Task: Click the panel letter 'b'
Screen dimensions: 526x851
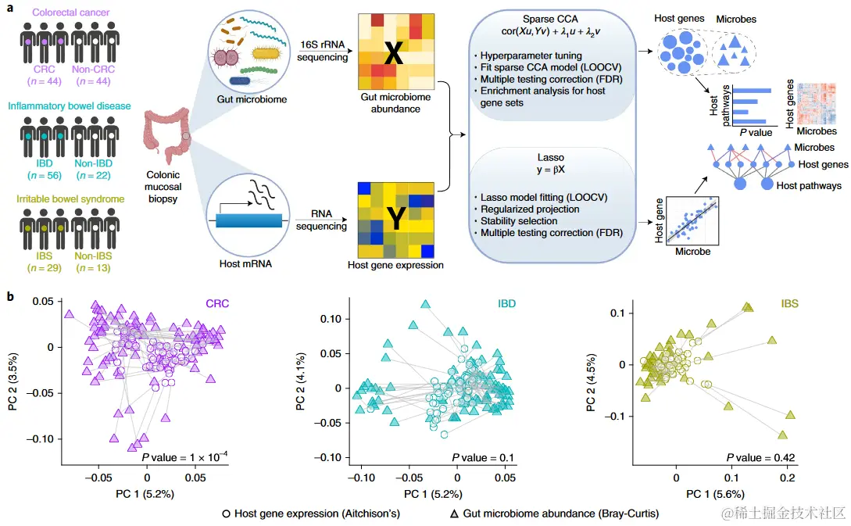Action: [9, 297]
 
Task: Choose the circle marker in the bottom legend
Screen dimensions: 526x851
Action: [226, 513]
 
